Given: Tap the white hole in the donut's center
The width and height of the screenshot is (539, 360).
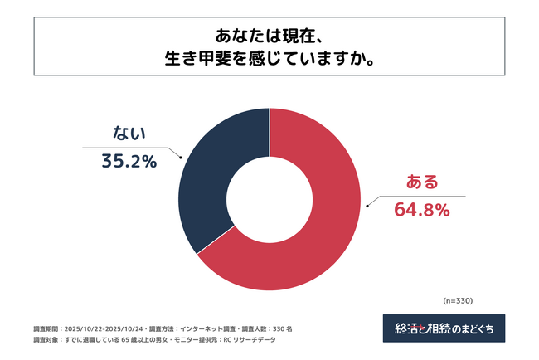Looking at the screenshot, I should click(269, 199).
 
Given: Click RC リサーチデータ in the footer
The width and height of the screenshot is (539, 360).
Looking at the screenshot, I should click(267, 340).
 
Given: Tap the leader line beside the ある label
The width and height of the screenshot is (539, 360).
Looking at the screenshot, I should click(415, 197).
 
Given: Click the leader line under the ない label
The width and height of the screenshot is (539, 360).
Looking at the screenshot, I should click(133, 148).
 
